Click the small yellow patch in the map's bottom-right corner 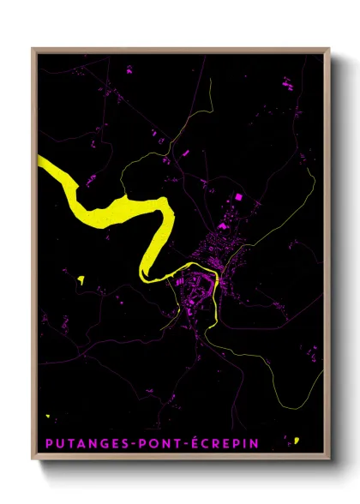pyautogui.click(x=296, y=441)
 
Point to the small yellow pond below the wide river pyautogui.click(x=81, y=279)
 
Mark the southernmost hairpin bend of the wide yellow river pyautogui.click(x=147, y=275)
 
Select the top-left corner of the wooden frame pyautogui.click(x=33, y=49)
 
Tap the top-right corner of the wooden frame pyautogui.click(x=329, y=49)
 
